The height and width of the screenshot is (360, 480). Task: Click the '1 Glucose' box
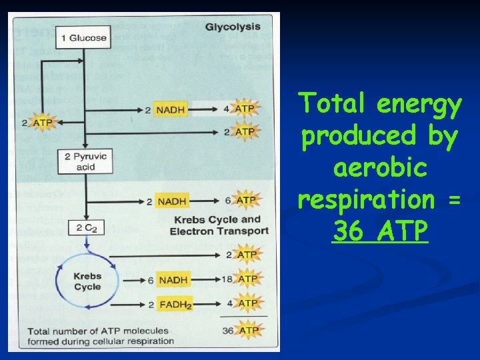(83, 37)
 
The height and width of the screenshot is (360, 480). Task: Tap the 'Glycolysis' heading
(233, 27)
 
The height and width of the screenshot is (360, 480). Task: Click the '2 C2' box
(87, 228)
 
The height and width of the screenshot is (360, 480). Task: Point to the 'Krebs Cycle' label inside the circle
(87, 281)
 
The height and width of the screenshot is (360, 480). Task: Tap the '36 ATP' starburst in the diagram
(247, 330)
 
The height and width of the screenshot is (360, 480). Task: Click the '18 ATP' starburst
(247, 279)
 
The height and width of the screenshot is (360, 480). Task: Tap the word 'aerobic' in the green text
(379, 167)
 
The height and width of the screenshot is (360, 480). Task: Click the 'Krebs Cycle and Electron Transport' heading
(219, 225)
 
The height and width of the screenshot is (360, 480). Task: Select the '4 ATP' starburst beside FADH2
(247, 304)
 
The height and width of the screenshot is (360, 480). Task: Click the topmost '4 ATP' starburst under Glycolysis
(245, 109)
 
